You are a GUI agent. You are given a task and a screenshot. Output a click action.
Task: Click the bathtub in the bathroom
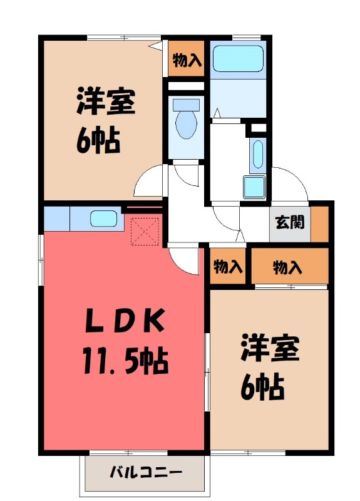click(237, 60)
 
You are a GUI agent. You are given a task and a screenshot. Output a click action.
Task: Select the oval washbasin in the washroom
click(257, 154)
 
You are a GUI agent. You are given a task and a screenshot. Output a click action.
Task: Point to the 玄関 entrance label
click(291, 222)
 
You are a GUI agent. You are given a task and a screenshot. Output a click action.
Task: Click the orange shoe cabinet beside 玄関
click(320, 222)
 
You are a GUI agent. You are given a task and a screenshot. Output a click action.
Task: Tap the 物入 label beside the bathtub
click(187, 60)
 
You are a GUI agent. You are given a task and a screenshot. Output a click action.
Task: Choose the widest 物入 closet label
click(288, 267)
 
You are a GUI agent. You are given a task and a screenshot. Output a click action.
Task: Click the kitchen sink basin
click(103, 219)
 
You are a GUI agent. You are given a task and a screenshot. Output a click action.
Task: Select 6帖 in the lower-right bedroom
click(264, 388)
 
